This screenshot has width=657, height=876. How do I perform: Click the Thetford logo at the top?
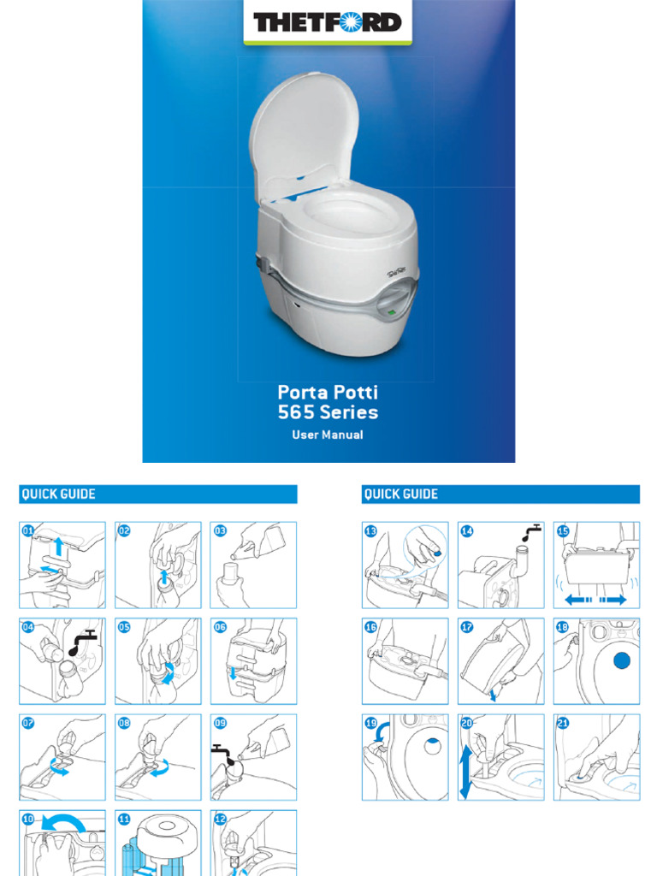328,21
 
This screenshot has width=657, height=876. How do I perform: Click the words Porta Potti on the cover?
328,393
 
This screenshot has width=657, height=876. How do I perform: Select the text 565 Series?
328,412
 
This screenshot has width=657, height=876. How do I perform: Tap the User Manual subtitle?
328,435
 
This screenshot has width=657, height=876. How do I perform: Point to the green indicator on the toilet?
391,314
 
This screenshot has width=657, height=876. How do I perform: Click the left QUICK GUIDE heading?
58,494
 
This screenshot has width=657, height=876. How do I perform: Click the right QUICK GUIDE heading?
400,494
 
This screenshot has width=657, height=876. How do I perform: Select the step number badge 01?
27,530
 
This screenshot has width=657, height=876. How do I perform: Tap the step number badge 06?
220,626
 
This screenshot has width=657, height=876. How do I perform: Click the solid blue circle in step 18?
621,660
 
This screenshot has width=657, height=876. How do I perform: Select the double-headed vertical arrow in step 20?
465,771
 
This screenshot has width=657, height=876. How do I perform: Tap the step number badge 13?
370,530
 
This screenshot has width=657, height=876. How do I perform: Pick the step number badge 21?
562,723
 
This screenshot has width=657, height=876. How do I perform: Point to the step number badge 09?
220,723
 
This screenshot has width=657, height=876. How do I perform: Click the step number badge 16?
370,626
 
